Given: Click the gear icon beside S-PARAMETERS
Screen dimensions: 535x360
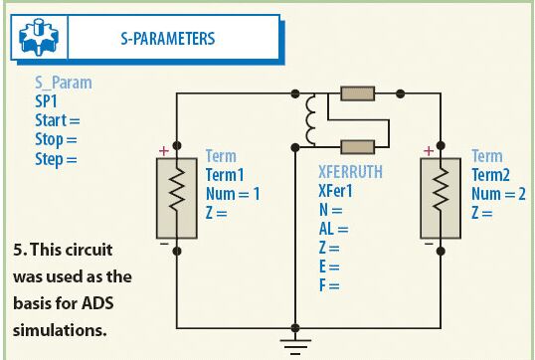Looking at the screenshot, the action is point(39,37).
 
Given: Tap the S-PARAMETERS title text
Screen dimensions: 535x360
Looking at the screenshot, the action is point(168,38).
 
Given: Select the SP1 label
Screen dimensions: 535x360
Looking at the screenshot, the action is point(46,101).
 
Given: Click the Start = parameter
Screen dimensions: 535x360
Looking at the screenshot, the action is point(58,120).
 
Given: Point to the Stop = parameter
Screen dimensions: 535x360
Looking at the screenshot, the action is point(56,139).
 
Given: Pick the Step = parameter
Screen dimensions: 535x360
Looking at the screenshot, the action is point(56,159).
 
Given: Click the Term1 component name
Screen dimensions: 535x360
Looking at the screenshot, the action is point(225,175).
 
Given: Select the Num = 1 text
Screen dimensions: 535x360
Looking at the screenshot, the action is point(233,194).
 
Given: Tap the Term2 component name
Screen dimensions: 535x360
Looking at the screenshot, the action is point(490,175).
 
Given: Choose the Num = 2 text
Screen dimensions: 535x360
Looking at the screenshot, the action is point(498,194).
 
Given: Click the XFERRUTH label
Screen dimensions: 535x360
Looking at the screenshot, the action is point(350,172).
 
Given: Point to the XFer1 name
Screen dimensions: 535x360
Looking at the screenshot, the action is point(335,191).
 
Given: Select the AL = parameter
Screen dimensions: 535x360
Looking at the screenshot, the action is point(334,229).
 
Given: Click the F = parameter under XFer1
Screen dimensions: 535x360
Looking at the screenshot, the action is point(329,285).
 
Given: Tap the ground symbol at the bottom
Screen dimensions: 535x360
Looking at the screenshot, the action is point(295,347).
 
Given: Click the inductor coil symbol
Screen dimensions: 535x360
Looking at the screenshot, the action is point(310,120).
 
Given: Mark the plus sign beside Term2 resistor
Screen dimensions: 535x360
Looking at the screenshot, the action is point(429,151).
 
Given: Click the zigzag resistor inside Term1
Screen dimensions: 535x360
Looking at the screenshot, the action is point(177,189).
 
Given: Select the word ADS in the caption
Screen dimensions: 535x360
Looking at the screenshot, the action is point(97,303).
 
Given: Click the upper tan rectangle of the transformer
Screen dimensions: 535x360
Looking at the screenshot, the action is point(358,93).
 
